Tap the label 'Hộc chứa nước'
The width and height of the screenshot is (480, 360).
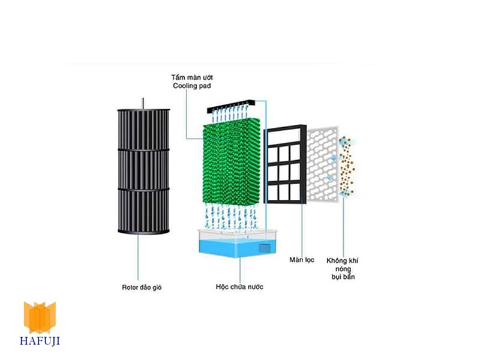[239, 287]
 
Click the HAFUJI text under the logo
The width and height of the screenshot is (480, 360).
[40, 341]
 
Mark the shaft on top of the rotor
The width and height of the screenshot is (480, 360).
[143, 103]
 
